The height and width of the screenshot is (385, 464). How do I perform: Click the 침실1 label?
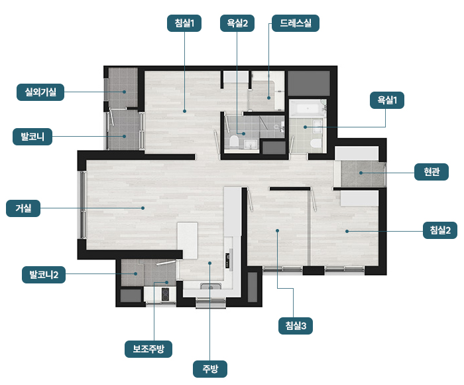click(184, 23)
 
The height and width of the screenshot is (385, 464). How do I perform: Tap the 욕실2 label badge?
click(237, 23)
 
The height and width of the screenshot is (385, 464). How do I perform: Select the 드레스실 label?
click(296, 23)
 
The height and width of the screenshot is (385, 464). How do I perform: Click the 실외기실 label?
click(40, 92)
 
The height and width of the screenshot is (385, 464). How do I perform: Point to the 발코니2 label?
click(44, 275)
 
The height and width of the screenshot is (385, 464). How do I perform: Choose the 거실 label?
click(23, 208)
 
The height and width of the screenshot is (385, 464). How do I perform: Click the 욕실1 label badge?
click(386, 100)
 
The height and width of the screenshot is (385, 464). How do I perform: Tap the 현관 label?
click(431, 172)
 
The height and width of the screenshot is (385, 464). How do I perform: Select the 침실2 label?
click(440, 230)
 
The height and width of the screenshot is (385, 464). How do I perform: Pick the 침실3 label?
click(296, 326)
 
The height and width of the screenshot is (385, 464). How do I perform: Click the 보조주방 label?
click(148, 349)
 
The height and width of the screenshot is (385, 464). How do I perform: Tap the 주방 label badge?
click(210, 369)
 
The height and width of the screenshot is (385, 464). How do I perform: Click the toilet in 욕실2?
click(234, 141)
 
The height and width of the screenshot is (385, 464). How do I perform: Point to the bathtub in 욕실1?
click(308, 108)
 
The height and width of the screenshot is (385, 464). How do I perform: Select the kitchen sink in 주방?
click(210, 286)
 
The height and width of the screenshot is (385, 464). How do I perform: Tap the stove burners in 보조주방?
click(165, 294)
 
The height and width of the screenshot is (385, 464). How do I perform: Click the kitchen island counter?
click(188, 240)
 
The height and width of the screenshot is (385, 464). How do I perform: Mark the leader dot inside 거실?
click(143, 208)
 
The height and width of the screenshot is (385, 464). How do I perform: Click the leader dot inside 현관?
click(361, 173)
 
